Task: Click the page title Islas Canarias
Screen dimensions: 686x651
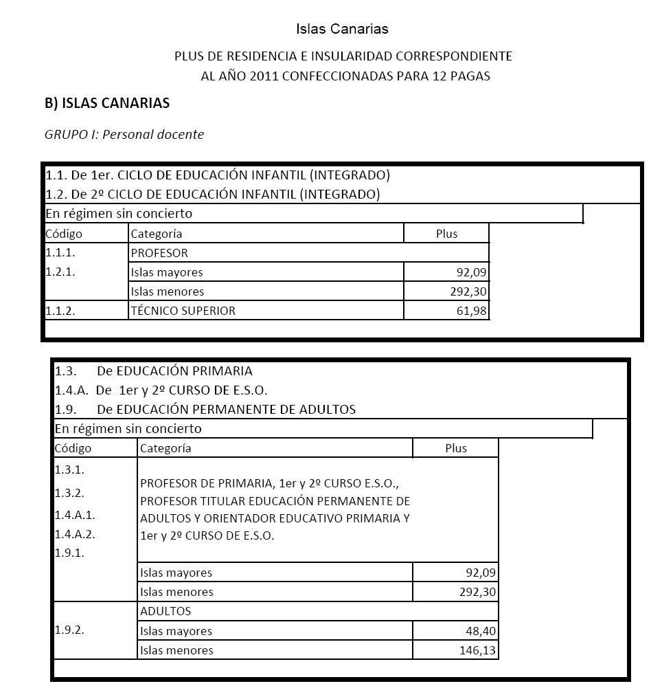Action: (x=342, y=29)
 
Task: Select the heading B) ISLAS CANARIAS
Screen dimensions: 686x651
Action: (x=107, y=103)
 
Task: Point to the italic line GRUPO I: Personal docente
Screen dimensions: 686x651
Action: (x=124, y=135)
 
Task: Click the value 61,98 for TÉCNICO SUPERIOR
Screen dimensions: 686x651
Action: (x=471, y=311)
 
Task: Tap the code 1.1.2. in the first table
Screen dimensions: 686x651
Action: (x=60, y=311)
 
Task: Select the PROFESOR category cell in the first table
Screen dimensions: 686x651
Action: (x=159, y=253)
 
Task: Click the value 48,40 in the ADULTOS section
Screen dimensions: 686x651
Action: (x=481, y=631)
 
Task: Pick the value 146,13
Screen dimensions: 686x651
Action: (x=477, y=650)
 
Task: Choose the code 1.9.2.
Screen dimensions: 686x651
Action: (x=69, y=630)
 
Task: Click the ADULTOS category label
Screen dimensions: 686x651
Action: (x=165, y=611)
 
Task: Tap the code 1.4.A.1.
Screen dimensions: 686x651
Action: (x=75, y=515)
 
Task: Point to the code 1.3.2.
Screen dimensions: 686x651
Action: (x=69, y=493)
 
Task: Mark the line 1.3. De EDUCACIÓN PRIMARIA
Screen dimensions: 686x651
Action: (x=154, y=371)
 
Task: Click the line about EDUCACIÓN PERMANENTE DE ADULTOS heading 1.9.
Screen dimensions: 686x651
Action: (x=205, y=410)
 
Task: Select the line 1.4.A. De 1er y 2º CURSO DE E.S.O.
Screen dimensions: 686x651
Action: (x=161, y=390)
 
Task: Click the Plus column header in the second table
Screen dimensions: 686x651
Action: (x=455, y=448)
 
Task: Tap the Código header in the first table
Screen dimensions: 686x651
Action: (x=64, y=234)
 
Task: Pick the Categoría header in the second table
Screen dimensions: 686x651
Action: (x=165, y=448)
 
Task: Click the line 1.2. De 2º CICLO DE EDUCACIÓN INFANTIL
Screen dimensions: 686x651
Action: (x=213, y=195)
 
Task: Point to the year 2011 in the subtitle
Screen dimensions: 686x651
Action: (x=264, y=76)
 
